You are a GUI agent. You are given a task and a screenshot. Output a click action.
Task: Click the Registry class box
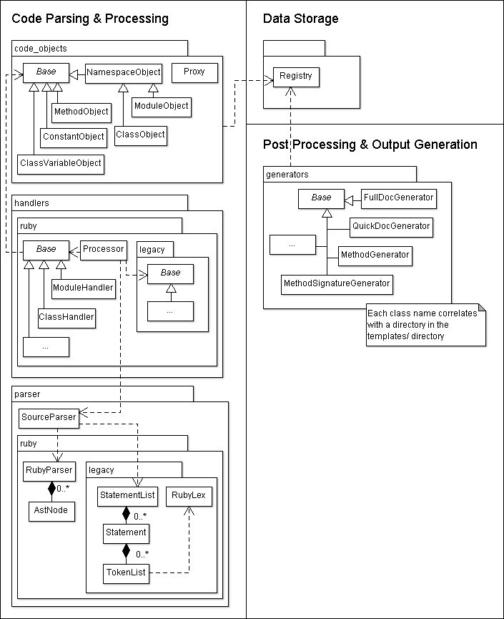295,76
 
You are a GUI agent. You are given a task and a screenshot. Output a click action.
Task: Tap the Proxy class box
194,72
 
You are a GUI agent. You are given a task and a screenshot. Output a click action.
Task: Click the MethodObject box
81,112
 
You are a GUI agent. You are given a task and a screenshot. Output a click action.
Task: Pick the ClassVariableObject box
61,164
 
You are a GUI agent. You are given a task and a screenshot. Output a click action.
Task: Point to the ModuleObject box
162,106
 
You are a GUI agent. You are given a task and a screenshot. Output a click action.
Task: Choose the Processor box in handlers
103,250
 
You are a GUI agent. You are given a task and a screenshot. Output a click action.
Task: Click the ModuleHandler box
83,288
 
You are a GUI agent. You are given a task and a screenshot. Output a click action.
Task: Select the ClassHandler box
66,316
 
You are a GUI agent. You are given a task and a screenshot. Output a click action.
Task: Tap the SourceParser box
48,417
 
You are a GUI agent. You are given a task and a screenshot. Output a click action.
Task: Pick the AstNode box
51,511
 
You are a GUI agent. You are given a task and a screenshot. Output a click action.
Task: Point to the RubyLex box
189,497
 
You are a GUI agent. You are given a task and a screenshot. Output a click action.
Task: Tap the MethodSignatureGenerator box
337,283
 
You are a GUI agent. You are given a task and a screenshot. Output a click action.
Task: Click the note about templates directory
425,324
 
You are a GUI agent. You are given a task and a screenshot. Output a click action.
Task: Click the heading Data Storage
300,19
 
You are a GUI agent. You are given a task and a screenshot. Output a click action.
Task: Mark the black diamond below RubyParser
51,489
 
